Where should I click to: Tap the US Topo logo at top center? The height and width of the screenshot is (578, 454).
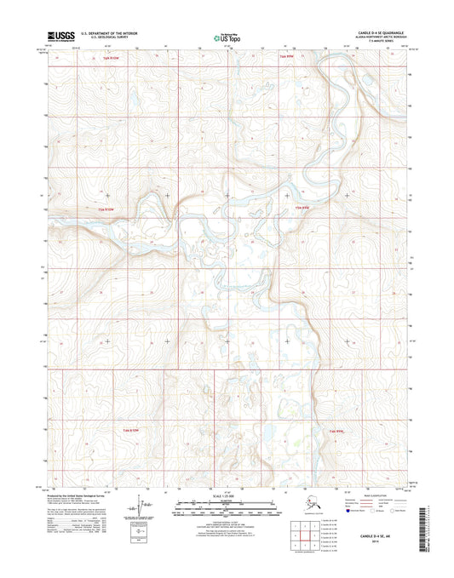click(225, 37)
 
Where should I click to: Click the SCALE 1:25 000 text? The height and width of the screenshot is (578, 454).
click(227, 495)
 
